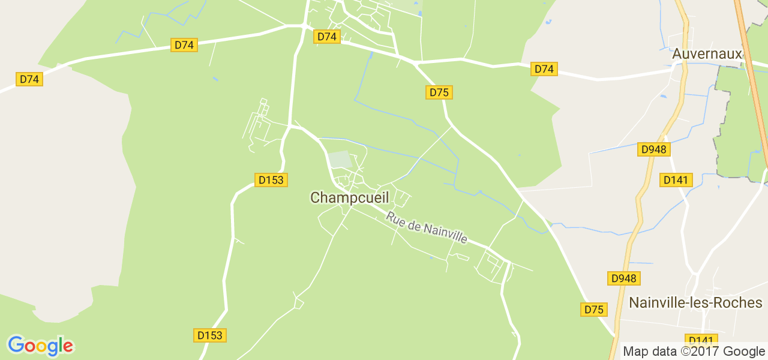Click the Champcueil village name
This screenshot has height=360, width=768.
pos(350,197)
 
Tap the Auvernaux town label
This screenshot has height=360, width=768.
pos(707,53)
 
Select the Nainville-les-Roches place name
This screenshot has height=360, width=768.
pos(695,302)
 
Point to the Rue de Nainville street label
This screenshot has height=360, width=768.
pos(427,227)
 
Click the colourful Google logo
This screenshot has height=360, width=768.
pos(40,346)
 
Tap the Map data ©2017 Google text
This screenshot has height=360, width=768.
pos(694,352)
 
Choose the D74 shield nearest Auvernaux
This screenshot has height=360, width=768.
pos(544,69)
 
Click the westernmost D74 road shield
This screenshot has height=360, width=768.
pos(29,79)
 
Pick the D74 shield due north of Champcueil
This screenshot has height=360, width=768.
pos(327,37)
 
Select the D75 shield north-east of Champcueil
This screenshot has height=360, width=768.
pos(439,92)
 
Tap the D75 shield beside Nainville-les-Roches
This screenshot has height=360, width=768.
pos(594,310)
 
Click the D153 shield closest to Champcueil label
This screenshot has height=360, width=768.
pos(271,179)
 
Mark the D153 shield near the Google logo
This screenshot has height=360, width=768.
pos(210,335)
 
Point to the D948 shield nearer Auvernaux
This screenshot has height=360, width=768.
pos(654,149)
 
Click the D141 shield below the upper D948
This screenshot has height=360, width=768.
pos(677,179)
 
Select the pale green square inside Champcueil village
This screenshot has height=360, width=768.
pos(340,159)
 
